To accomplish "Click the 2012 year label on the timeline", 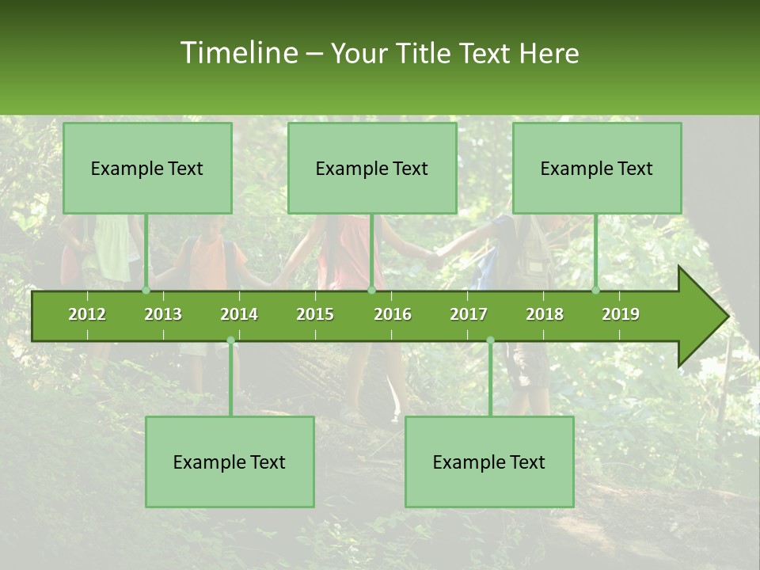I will point(87,314).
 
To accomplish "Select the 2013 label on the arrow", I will point(163,314).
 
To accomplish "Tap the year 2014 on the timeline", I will point(239,314).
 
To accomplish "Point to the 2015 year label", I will point(315,314).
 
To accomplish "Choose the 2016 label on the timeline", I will point(393,314).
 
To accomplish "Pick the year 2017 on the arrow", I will point(469,314).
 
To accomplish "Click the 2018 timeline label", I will point(545,314).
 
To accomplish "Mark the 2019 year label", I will point(621,314).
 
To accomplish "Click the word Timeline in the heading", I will point(238,53).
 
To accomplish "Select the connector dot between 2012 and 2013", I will point(146,291).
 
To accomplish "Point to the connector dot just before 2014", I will point(230,340).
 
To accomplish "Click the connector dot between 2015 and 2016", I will point(371,291).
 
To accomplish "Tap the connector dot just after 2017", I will point(490,340).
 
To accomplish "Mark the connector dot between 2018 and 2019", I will point(596,291).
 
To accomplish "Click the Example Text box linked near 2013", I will point(147,168).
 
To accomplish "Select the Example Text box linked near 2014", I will point(230,462).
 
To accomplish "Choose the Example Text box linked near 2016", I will point(372,168).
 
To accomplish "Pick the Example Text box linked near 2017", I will point(489,462).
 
